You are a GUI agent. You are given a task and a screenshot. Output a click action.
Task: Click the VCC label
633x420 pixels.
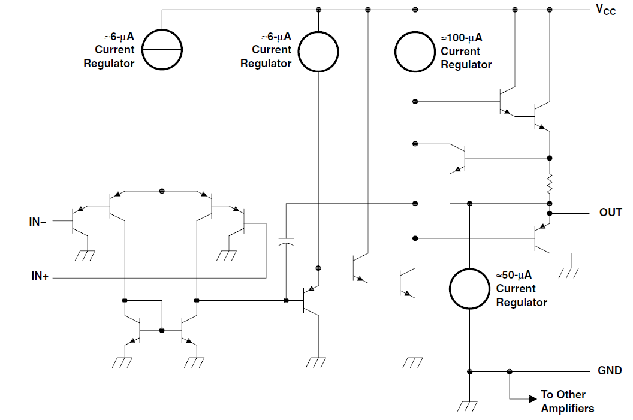coord(605,10)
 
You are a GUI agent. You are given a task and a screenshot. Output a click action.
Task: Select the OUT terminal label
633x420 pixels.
coord(610,213)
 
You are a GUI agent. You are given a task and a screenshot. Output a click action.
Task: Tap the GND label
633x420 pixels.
coord(610,371)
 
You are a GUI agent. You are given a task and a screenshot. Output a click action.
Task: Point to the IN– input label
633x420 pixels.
coord(38,222)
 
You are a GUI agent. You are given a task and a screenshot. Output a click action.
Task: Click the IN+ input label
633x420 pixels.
coord(40,277)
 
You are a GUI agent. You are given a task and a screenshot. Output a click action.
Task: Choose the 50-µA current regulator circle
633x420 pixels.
coord(470,288)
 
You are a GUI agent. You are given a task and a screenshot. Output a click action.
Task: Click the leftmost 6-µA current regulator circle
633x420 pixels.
coord(162,50)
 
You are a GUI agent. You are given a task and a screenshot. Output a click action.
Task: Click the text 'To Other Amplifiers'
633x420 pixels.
coord(567,401)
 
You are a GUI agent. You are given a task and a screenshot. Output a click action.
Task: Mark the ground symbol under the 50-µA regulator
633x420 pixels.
coord(469,406)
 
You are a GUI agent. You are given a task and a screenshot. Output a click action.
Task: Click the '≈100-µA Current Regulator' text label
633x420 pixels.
coord(466,52)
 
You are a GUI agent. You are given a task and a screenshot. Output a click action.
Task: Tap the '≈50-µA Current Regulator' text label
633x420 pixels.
coord(521,289)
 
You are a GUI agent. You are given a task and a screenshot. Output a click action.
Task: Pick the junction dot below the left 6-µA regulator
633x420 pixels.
coord(162,191)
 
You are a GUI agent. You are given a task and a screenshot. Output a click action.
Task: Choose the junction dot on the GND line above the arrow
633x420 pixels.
coord(510,371)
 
